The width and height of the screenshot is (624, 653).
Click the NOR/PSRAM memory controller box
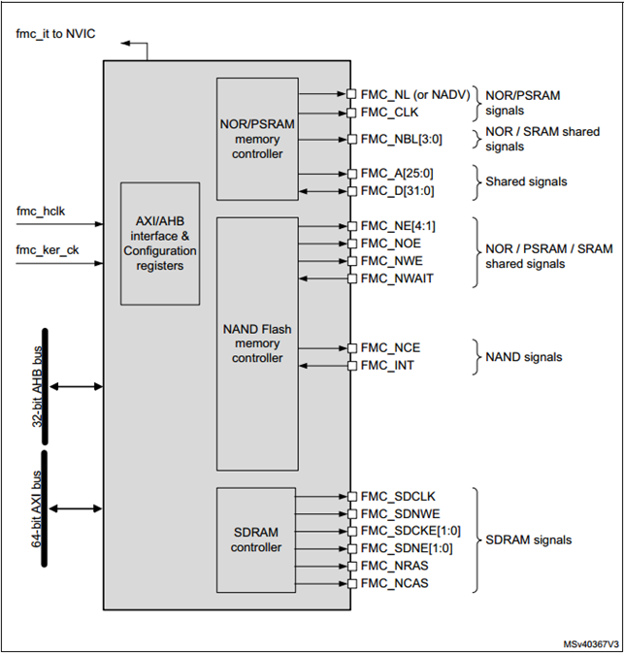click(x=257, y=138)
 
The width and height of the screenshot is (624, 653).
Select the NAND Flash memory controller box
click(x=257, y=343)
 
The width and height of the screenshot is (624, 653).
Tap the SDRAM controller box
click(x=257, y=539)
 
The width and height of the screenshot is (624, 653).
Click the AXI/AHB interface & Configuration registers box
click(x=160, y=244)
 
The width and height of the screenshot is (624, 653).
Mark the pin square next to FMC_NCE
click(x=351, y=347)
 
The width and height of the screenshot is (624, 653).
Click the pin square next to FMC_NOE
click(x=351, y=245)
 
